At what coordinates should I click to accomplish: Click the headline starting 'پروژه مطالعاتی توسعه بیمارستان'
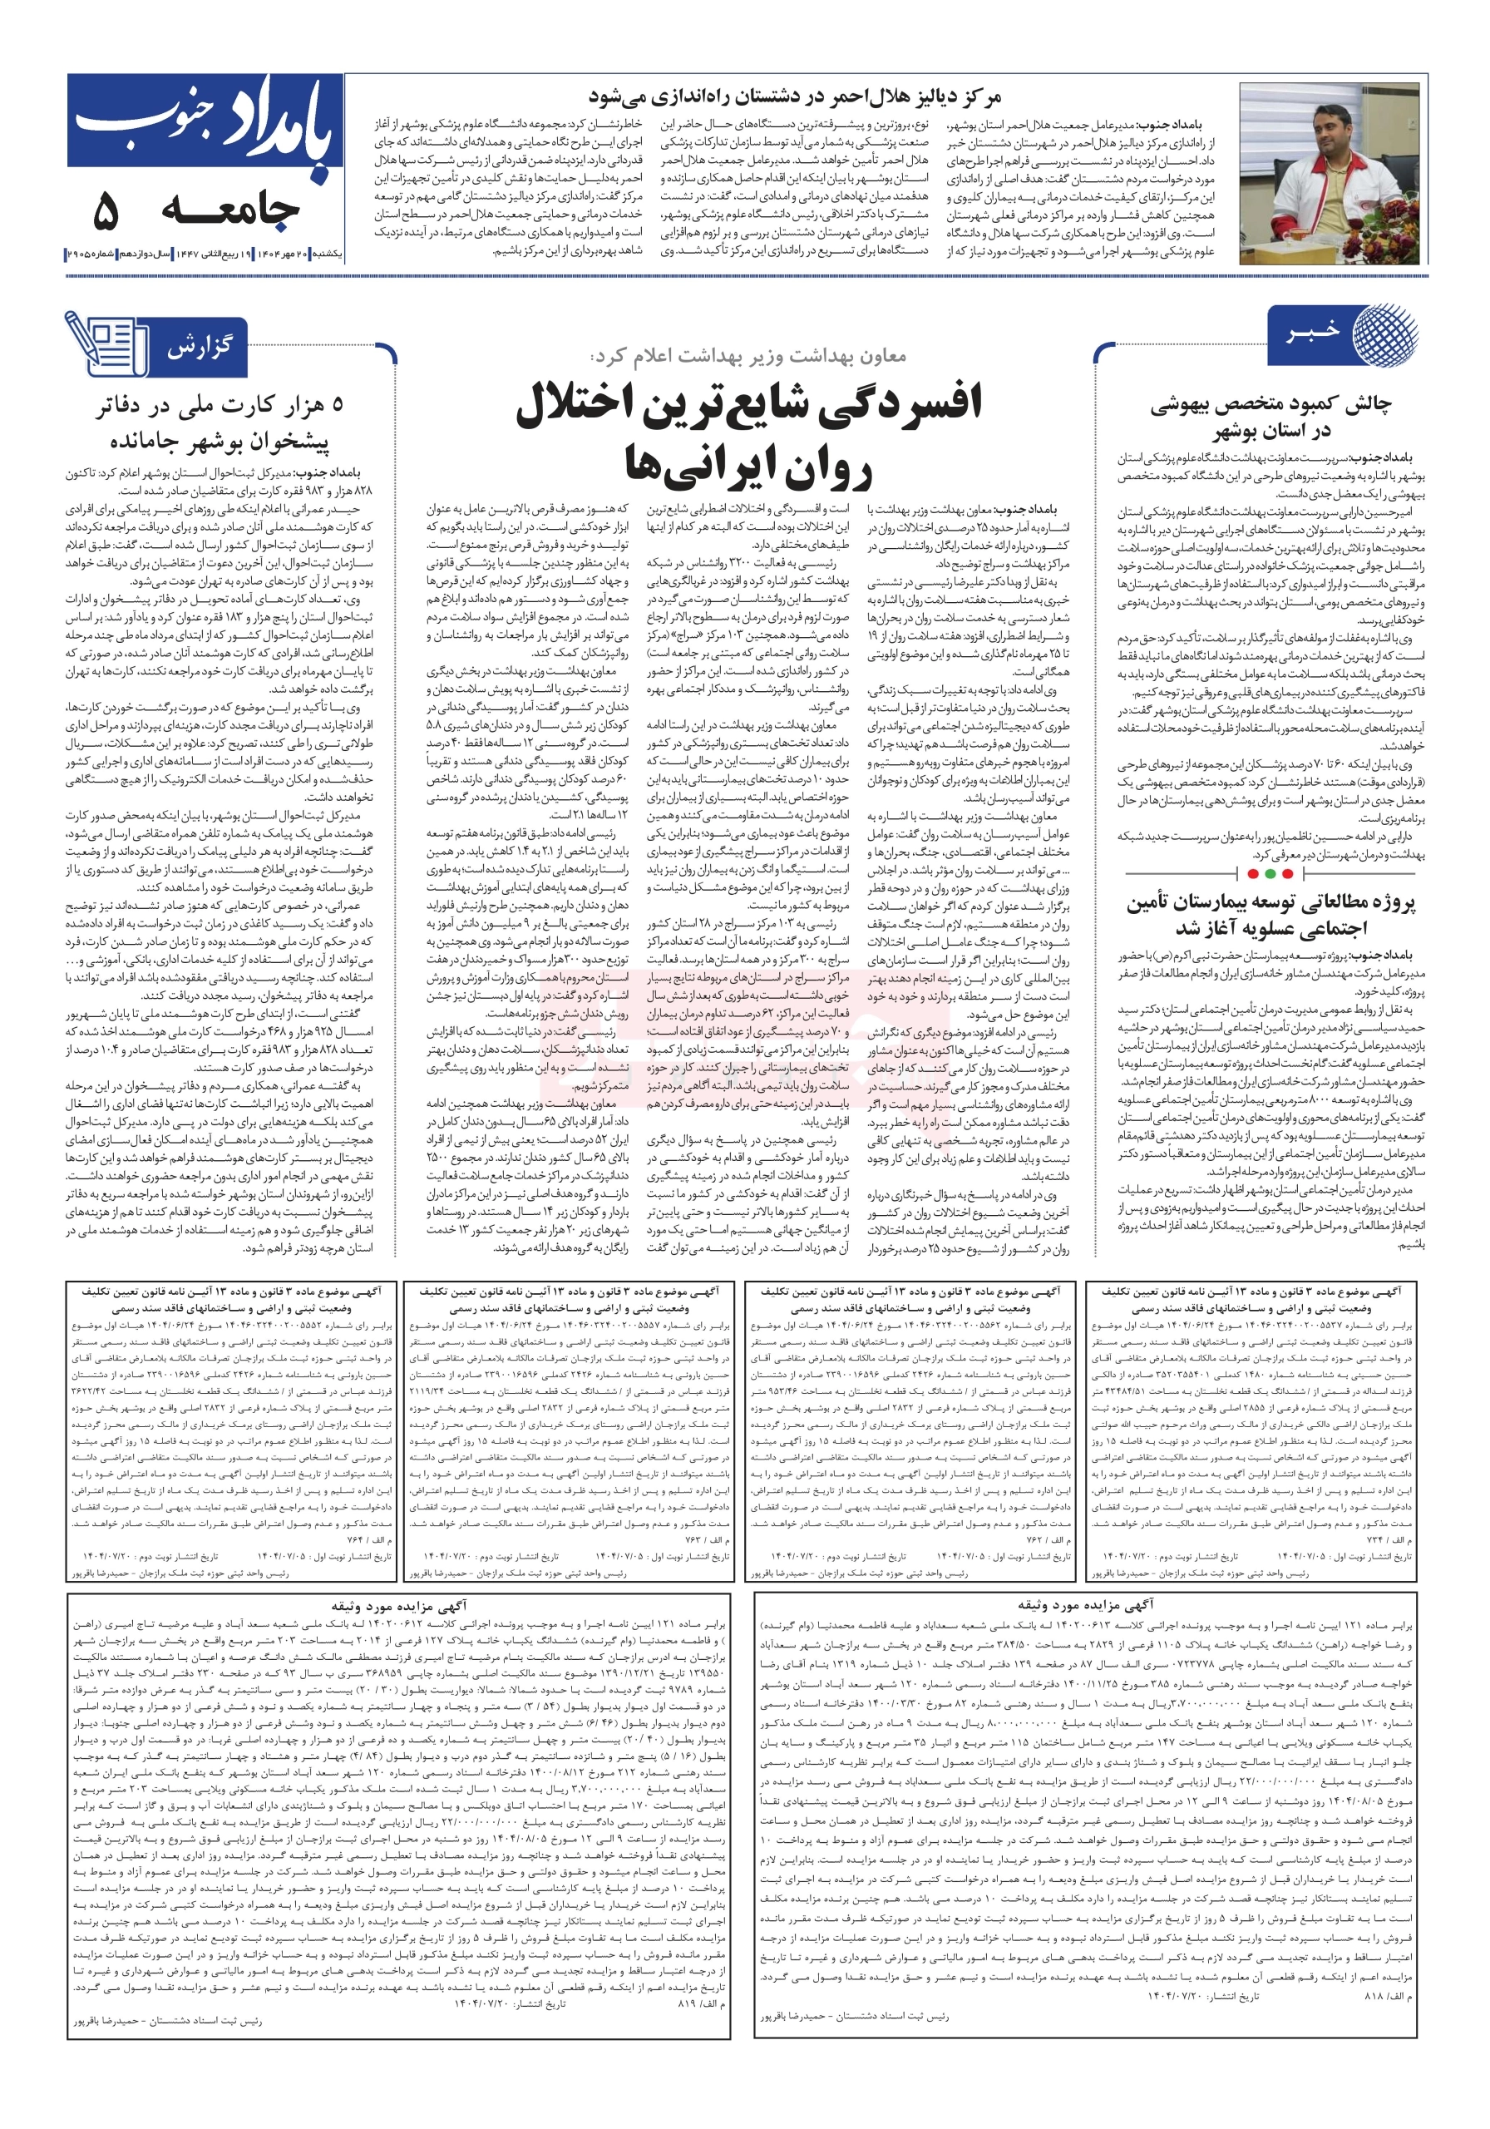pyautogui.click(x=1271, y=902)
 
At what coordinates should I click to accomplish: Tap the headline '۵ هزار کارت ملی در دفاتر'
pyautogui.click(x=220, y=405)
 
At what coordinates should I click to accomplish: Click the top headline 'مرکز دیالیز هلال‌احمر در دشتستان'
pyautogui.click(x=795, y=96)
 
